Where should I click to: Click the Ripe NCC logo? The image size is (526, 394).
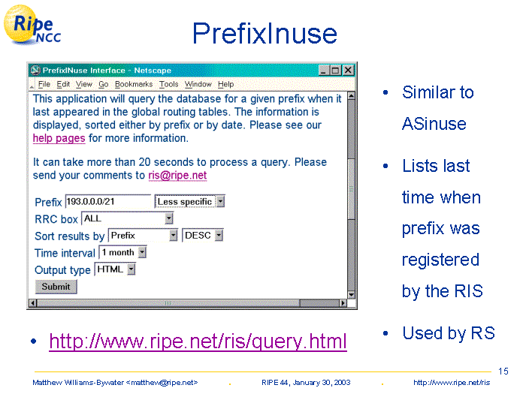pyautogui.click(x=32, y=25)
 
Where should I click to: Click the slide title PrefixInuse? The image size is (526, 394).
pyautogui.click(x=265, y=33)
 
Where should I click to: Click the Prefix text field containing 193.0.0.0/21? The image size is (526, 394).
pyautogui.click(x=108, y=201)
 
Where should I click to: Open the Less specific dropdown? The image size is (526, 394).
pyautogui.click(x=189, y=201)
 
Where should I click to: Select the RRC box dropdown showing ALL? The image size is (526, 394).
pyautogui.click(x=127, y=218)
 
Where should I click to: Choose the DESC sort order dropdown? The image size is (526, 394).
pyautogui.click(x=202, y=236)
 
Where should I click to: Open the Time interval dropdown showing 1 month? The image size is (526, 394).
pyautogui.click(x=122, y=252)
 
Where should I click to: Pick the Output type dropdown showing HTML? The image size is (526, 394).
pyautogui.click(x=115, y=269)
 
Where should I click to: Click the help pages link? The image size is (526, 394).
pyautogui.click(x=59, y=138)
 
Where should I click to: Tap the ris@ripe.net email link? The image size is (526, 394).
pyautogui.click(x=177, y=175)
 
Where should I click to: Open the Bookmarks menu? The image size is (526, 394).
pyautogui.click(x=134, y=84)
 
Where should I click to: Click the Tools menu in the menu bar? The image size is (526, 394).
pyautogui.click(x=168, y=84)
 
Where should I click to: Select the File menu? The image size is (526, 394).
pyautogui.click(x=44, y=84)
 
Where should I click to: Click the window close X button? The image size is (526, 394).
pyautogui.click(x=348, y=71)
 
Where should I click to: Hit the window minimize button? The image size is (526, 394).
pyautogui.click(x=323, y=71)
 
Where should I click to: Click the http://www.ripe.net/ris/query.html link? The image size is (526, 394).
pyautogui.click(x=198, y=341)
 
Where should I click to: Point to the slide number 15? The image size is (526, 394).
pyautogui.click(x=503, y=371)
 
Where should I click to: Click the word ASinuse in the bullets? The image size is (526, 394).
pyautogui.click(x=434, y=124)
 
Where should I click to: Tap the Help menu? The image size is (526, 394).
pyautogui.click(x=225, y=84)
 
